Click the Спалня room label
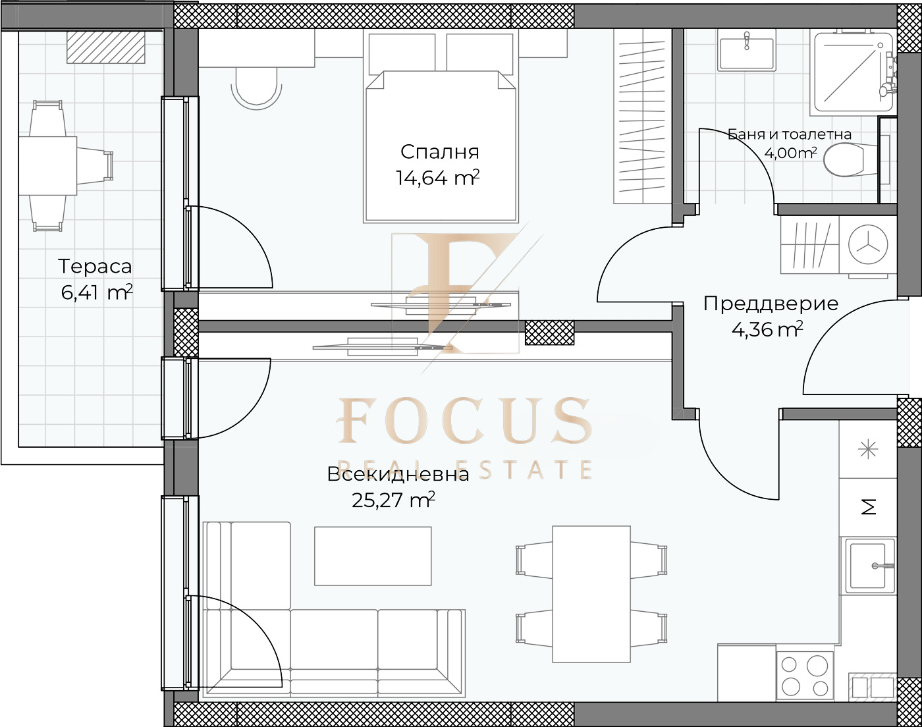point(439,152)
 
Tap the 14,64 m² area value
point(437,178)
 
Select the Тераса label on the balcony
point(95,267)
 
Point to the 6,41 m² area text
point(96,292)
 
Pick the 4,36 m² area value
point(767,329)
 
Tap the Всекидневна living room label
point(398,475)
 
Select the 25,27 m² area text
point(393,500)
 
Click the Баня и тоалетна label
point(790,134)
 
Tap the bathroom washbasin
point(747,52)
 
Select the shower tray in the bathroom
point(853,73)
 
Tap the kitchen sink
point(868,566)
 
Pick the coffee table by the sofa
point(373,556)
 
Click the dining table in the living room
point(591,594)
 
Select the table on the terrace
point(47,166)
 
